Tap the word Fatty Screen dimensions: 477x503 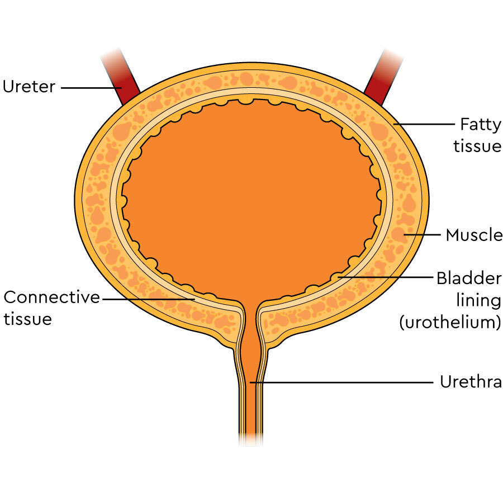tap(480, 124)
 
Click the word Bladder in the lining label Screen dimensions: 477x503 tap(468, 277)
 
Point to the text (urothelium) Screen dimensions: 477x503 tap(449, 323)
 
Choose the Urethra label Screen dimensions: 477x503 tap(471, 382)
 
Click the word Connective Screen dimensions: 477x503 tap(51, 297)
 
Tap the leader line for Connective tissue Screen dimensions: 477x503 tap(148, 299)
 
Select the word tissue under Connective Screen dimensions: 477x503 tap(28, 319)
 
